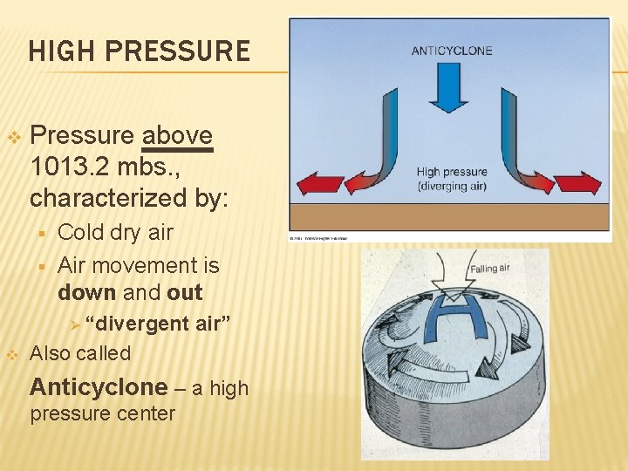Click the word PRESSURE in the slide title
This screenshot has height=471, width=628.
(x=177, y=51)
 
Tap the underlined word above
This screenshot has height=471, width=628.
(x=177, y=136)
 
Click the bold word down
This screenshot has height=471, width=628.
(x=86, y=292)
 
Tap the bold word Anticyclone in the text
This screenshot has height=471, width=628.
(x=99, y=386)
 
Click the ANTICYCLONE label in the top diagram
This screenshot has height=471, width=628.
(x=452, y=51)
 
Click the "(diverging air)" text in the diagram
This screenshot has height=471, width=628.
(x=452, y=187)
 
